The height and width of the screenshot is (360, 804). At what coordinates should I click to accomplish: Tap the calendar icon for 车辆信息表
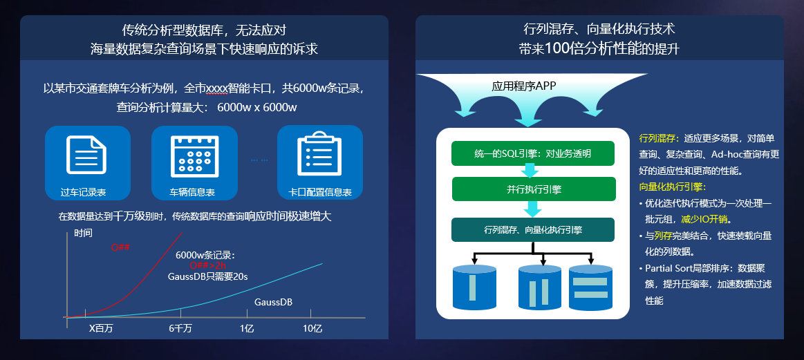point(194,154)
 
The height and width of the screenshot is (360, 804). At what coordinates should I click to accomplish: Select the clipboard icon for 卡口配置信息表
point(319,154)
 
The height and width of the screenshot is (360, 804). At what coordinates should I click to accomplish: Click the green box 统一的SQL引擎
point(533,153)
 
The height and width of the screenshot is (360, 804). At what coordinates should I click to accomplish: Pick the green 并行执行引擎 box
point(533,189)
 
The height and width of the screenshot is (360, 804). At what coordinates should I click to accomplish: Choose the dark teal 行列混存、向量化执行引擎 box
point(533,229)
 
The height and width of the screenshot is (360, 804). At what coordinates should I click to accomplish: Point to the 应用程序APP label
point(524,86)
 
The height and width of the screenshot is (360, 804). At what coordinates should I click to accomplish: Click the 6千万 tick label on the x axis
point(180,328)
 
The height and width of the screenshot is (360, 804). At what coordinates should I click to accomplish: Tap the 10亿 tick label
point(312,328)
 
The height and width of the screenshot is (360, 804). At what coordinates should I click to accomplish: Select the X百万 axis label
point(101,328)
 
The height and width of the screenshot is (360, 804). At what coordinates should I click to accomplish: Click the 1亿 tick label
point(247,328)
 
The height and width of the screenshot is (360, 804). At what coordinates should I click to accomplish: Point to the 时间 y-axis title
point(83,233)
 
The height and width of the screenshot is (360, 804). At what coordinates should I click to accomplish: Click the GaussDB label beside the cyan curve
point(273,302)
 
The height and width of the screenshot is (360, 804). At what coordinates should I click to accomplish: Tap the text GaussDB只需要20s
point(207,276)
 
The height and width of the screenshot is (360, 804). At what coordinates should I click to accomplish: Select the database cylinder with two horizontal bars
point(590,287)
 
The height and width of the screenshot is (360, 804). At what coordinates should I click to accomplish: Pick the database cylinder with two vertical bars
point(539,287)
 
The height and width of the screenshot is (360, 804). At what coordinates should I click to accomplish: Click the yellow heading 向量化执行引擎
point(672,187)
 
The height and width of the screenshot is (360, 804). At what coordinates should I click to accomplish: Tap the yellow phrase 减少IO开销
point(705,219)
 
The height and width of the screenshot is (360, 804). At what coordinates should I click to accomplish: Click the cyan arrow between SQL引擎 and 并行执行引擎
point(531,171)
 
